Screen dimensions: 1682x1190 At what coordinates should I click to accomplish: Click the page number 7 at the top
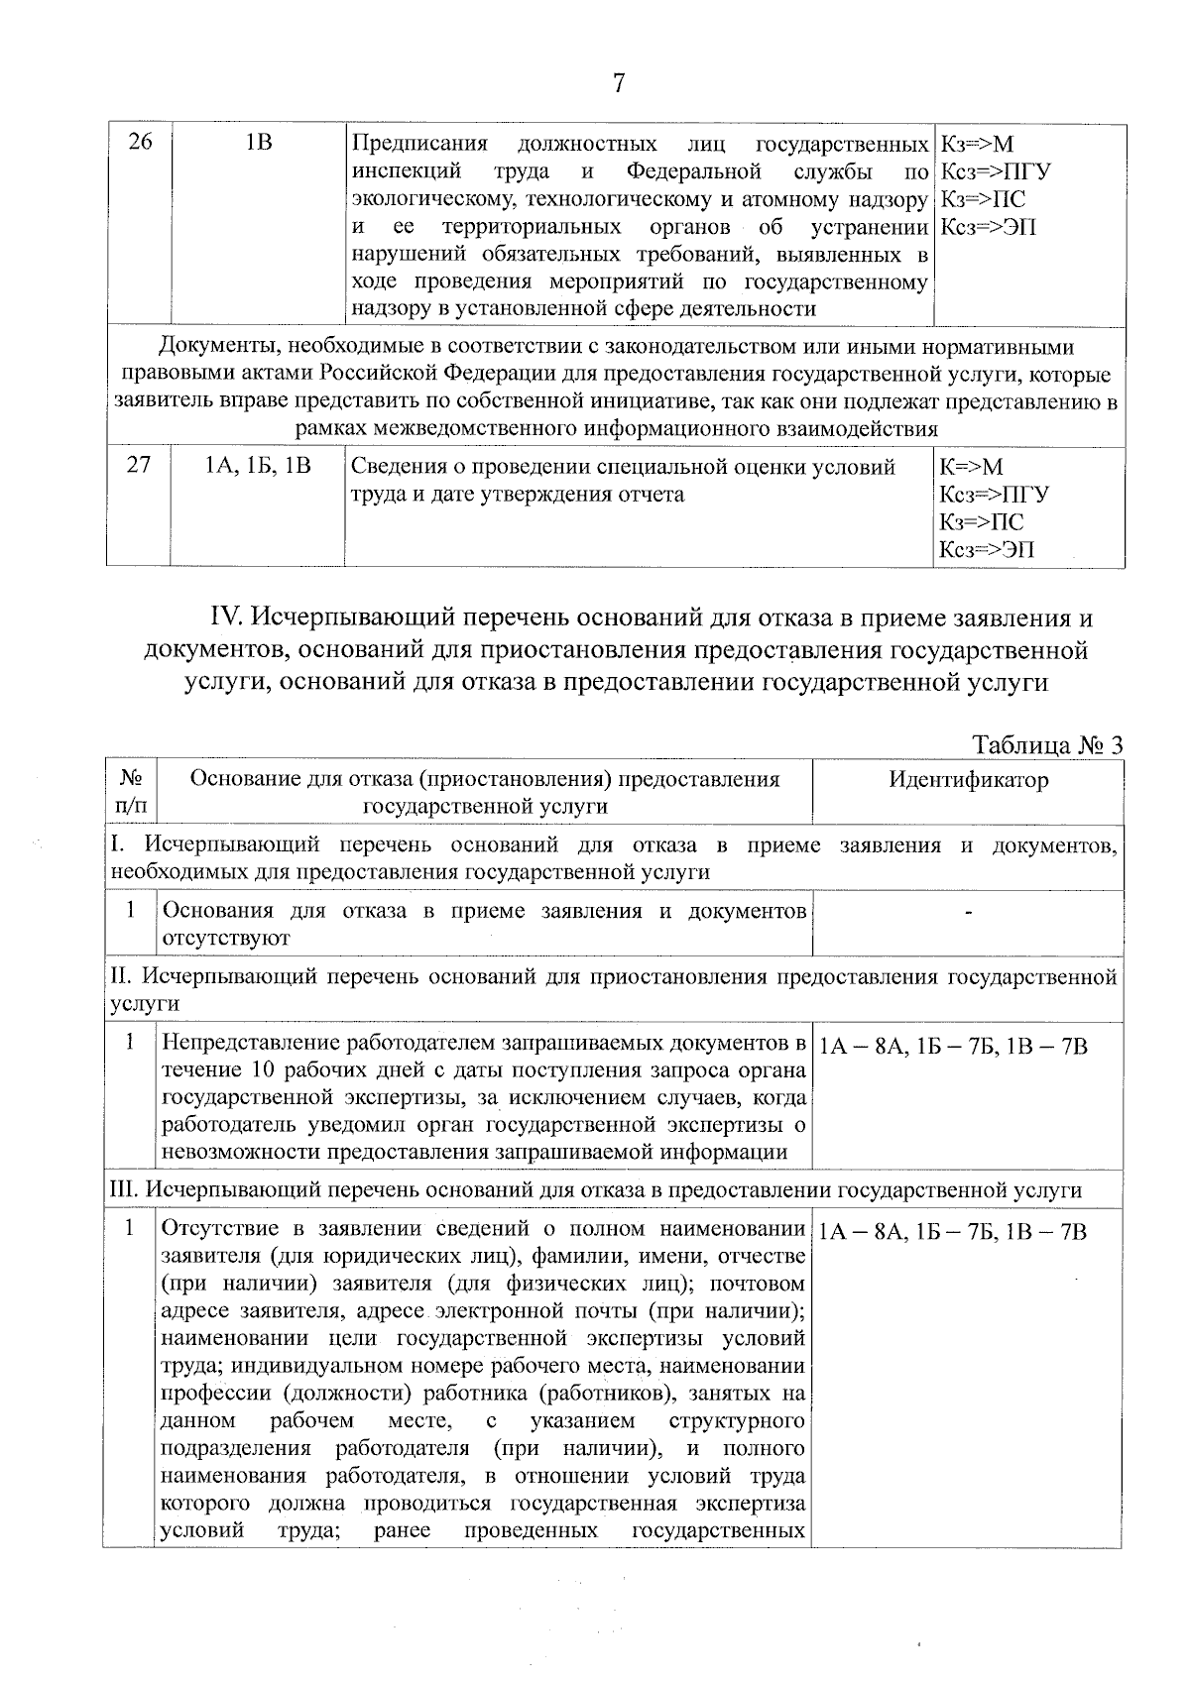(x=618, y=83)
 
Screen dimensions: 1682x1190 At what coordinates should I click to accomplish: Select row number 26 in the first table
(x=141, y=143)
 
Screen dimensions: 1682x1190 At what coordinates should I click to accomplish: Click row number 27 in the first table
(x=139, y=465)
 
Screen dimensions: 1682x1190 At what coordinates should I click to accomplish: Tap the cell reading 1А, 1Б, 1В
(x=258, y=465)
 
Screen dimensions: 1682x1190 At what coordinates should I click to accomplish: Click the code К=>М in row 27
(x=971, y=467)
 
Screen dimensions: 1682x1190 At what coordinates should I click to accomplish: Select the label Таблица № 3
(x=1047, y=744)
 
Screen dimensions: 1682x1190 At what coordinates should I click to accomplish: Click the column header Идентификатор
(x=968, y=780)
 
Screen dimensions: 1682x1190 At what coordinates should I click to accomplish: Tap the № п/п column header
(x=130, y=792)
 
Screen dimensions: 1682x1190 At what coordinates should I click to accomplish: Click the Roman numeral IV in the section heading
(x=228, y=618)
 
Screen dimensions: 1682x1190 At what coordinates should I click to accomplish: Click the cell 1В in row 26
(x=259, y=143)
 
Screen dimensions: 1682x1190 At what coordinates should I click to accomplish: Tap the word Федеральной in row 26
(x=693, y=171)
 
